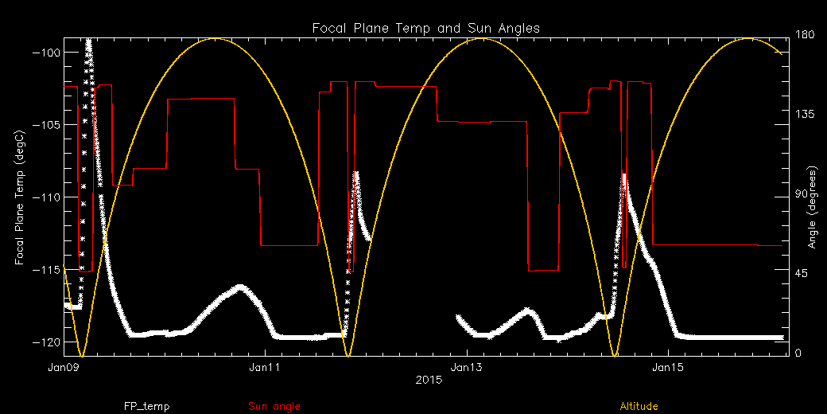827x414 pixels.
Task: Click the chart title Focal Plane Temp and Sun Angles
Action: (425, 28)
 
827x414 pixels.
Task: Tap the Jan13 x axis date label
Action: (466, 367)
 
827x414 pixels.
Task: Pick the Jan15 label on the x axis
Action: (667, 367)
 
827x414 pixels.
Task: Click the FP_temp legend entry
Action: (146, 407)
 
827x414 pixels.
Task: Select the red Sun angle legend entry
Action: (274, 407)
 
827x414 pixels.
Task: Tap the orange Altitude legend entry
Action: (639, 407)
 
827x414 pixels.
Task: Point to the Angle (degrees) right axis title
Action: (813, 208)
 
